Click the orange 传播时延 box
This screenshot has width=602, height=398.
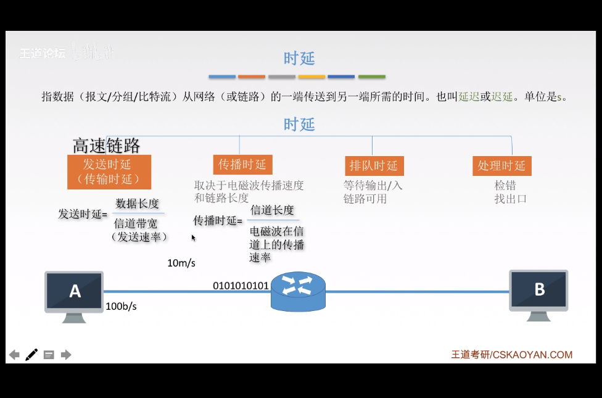pos(242,164)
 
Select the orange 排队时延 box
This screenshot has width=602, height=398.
pos(373,165)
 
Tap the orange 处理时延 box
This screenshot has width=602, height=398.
pos(501,165)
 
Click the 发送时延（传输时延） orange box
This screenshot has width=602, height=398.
pos(109,172)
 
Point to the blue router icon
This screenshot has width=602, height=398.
pos(298,291)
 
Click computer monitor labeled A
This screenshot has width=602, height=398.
pos(75,291)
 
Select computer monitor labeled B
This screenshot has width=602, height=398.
pos(538,290)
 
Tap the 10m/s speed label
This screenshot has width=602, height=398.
pos(181,263)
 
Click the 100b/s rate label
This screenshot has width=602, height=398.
pos(121,306)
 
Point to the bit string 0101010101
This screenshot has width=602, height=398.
pos(241,286)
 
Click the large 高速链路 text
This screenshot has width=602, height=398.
pos(107,146)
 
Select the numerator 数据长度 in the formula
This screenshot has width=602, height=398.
pos(138,204)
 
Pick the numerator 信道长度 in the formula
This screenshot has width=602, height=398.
pos(272,210)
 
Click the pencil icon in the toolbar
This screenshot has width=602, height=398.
pos(31,355)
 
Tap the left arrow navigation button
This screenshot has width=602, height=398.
pos(14,355)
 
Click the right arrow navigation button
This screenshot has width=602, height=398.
pos(66,355)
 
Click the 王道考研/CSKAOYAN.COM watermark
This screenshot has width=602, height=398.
pos(511,355)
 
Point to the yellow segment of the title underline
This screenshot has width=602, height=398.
pos(311,77)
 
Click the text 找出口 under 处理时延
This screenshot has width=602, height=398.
pos(510,199)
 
